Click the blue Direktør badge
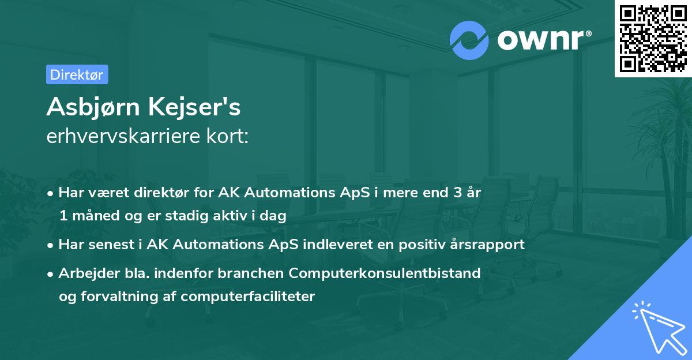[77, 74]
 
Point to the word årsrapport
[490, 245]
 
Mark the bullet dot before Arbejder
[51, 274]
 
